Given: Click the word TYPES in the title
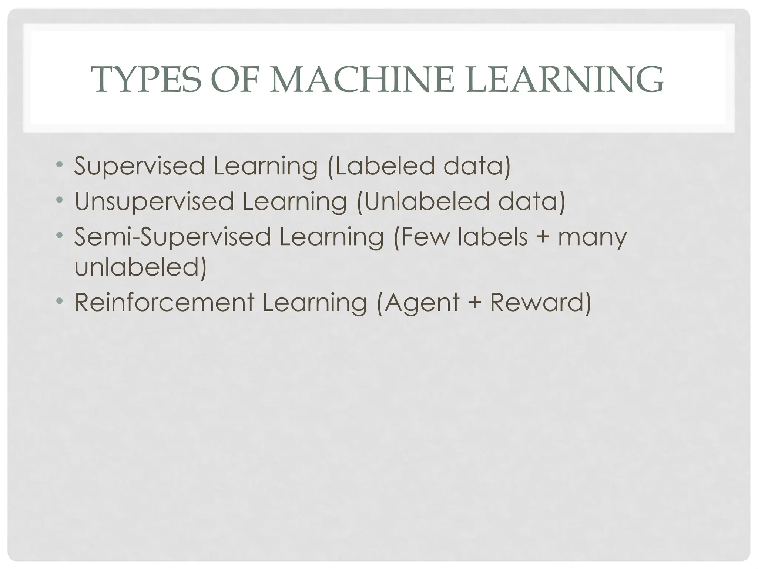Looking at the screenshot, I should point(148,80).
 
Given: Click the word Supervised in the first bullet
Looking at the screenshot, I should point(139,166).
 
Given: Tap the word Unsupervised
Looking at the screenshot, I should point(154,202).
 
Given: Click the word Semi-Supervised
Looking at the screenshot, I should point(172,237).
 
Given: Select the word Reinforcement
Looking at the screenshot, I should point(165,302).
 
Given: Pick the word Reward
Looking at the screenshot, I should point(536,302).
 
